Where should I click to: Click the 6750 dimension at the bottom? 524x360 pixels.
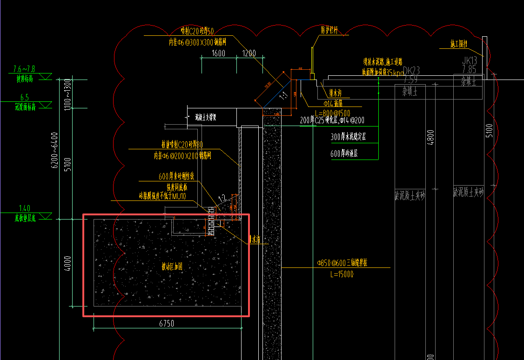pyautogui.click(x=167, y=324)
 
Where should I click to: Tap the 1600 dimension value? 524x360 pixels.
pyautogui.click(x=218, y=53)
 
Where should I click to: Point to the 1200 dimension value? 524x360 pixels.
pyautogui.click(x=249, y=53)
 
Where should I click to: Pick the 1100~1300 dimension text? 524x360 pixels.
pyautogui.click(x=67, y=94)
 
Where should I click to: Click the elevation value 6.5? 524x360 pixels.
pyautogui.click(x=24, y=97)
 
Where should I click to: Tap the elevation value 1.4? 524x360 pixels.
pyautogui.click(x=24, y=208)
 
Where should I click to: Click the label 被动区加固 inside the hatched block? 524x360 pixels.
pyautogui.click(x=172, y=267)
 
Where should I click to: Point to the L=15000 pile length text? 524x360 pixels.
pyautogui.click(x=341, y=274)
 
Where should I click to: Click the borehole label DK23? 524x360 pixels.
pyautogui.click(x=411, y=70)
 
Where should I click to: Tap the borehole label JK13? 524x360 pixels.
pyautogui.click(x=469, y=60)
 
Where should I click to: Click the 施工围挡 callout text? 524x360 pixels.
pyautogui.click(x=458, y=45)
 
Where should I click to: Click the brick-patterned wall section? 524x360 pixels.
pyautogui.click(x=212, y=221)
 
